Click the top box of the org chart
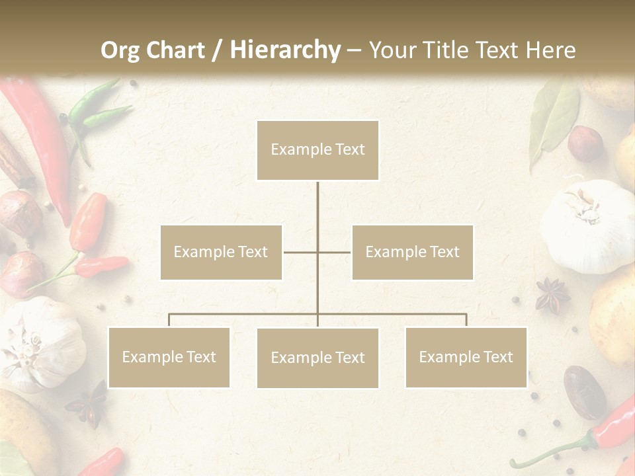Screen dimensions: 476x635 click(x=317, y=150)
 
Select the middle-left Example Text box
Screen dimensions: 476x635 click(x=221, y=252)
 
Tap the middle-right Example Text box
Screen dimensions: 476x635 click(x=412, y=252)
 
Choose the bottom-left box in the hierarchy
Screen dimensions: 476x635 click(x=169, y=357)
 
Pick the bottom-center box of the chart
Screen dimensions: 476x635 click(x=317, y=358)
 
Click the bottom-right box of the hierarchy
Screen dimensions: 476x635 click(x=466, y=357)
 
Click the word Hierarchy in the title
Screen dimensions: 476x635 click(x=285, y=50)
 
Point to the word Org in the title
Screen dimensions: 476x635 click(x=120, y=50)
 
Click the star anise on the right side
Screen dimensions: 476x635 click(x=552, y=295)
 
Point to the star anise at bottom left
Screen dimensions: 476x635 click(x=89, y=403)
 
